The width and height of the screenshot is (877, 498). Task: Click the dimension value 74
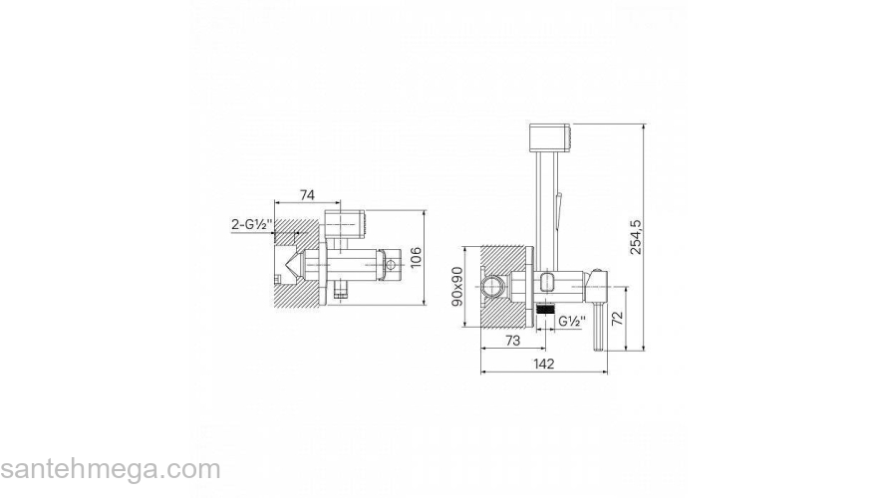307,194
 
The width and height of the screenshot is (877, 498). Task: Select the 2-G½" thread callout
252,225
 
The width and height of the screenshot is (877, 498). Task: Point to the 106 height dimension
417,257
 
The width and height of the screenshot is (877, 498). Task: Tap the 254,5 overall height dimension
637,237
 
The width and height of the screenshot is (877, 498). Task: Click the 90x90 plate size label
457,286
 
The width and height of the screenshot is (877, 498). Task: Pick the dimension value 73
512,341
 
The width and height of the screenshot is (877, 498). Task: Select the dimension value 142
544,364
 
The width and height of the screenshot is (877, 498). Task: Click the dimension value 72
618,319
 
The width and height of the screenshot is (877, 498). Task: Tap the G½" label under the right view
572,321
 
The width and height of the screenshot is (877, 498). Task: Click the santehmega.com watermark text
111,469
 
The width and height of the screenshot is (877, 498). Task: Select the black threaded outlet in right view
545,308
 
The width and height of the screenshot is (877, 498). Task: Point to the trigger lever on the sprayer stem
558,202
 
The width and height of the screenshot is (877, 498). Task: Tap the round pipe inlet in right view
492,287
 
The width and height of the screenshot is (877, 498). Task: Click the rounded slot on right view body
547,282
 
